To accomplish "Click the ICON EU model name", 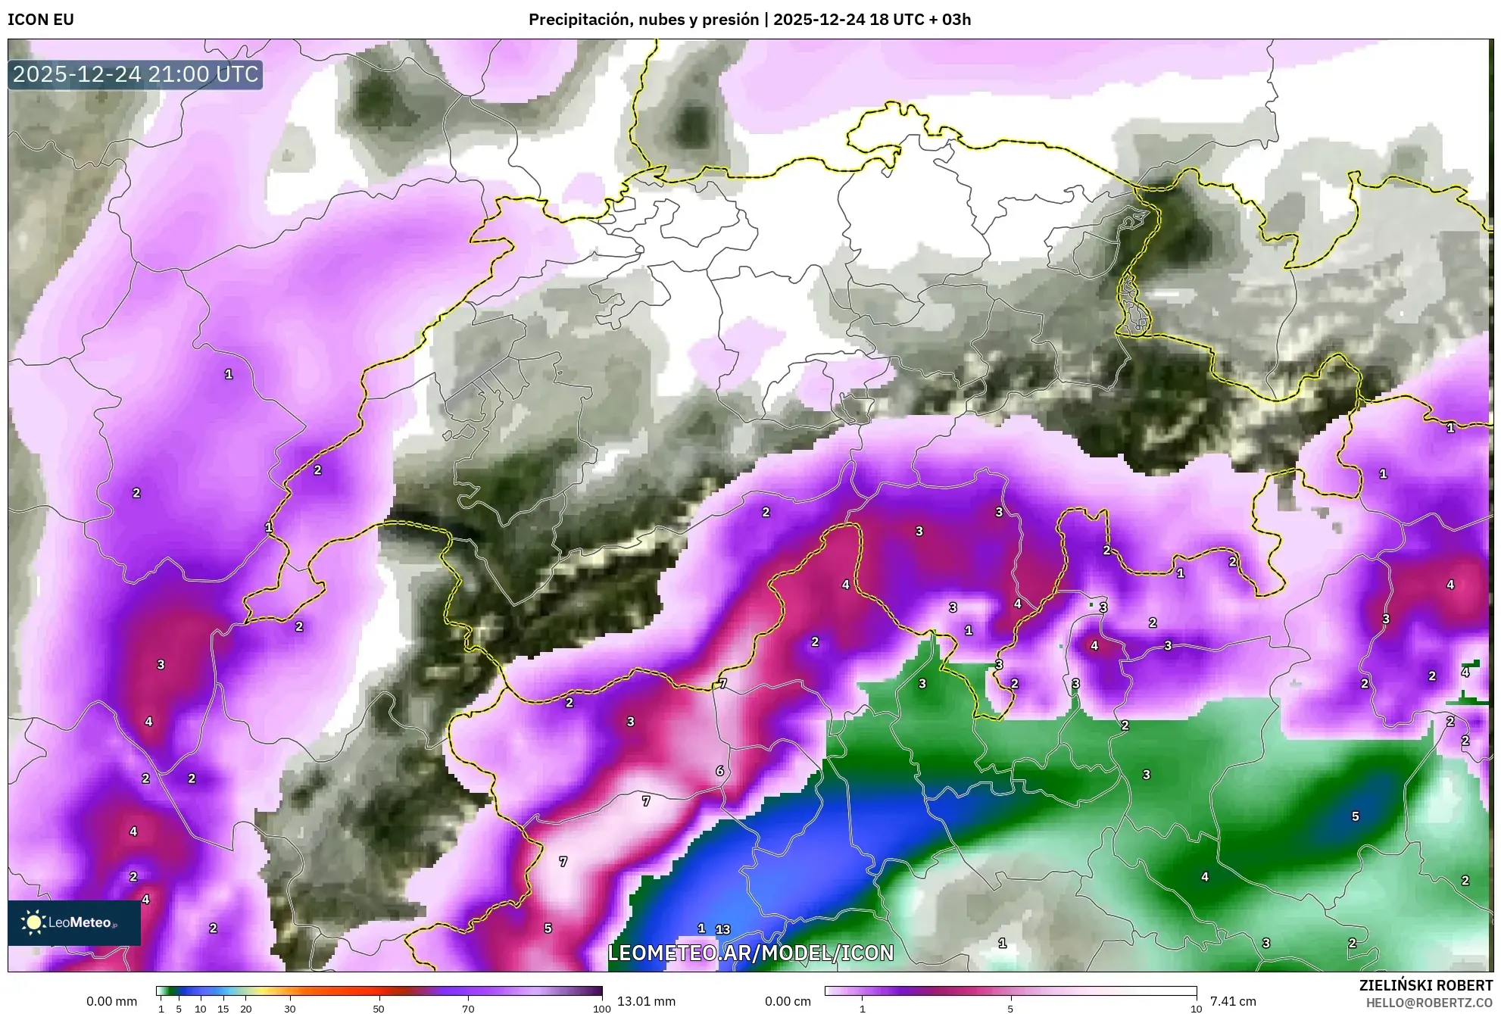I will tap(41, 20).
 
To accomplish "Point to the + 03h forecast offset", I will tap(946, 20).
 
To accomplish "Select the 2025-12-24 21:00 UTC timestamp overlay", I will tap(136, 74).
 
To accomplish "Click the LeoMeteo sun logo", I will tap(33, 922).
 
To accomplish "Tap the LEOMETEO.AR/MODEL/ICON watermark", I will tap(750, 953).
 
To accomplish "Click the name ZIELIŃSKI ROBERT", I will tap(1425, 985).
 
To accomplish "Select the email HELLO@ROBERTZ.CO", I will tap(1429, 1003).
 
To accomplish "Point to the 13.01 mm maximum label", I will tap(646, 1001).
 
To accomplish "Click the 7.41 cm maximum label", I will tap(1233, 1001).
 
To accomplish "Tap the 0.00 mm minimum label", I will tap(112, 1001).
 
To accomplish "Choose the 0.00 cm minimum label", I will tap(788, 1001).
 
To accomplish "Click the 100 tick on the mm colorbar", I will tap(602, 1009).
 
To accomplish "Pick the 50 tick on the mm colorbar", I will tap(379, 1009).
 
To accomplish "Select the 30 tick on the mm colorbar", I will tap(290, 1009).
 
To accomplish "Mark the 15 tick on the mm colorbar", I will tap(223, 1009).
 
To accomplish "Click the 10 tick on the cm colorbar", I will tap(1196, 1009).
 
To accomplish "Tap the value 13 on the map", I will tap(723, 929).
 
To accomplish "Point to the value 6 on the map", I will tap(719, 771).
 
